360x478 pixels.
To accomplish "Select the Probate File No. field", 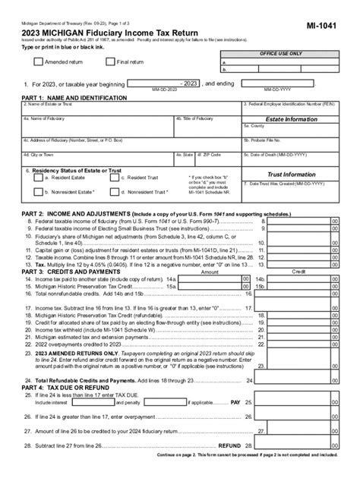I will tap(290, 143).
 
